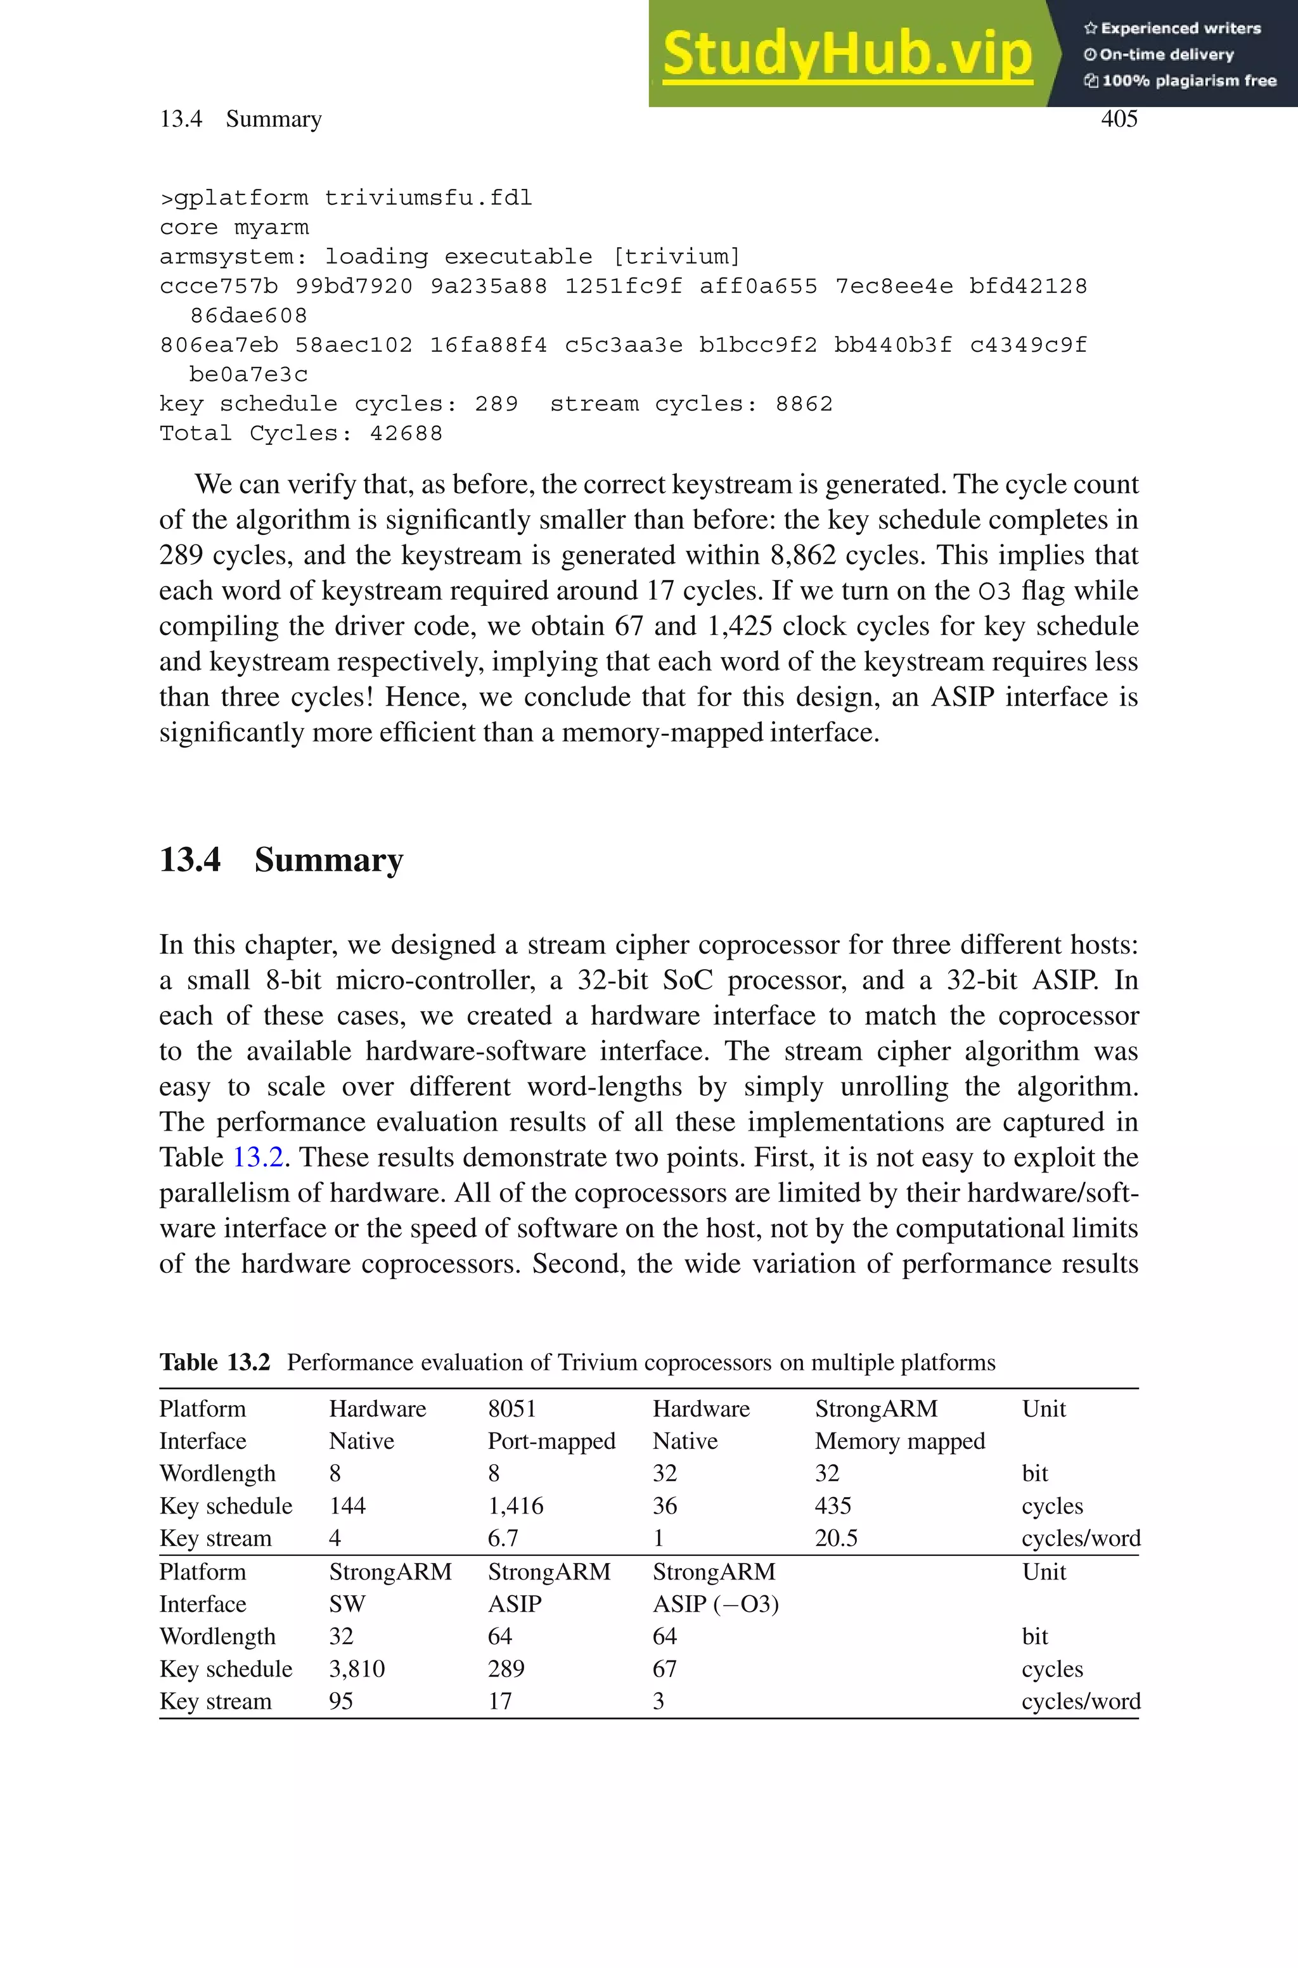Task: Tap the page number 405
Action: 1119,119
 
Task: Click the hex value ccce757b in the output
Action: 219,286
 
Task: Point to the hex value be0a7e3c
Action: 248,375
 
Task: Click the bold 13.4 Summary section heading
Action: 281,860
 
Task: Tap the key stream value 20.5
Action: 835,1538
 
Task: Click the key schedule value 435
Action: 832,1506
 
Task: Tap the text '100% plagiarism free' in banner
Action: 1189,81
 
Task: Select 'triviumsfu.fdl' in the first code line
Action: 428,198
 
